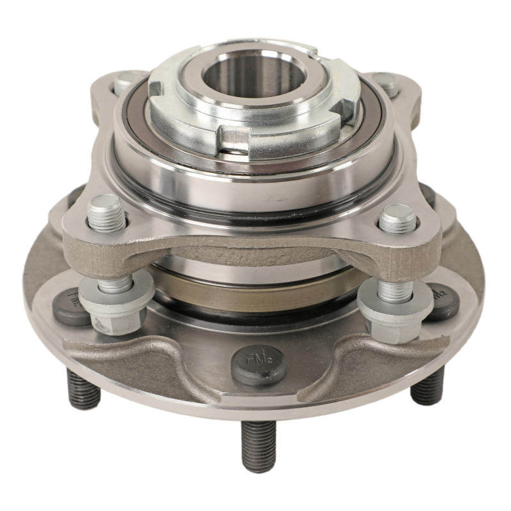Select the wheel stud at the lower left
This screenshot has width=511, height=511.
coord(84,389)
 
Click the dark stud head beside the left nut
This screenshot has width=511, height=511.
coord(72,305)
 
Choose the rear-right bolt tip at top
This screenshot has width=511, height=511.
coord(386,84)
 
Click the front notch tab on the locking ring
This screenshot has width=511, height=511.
coord(235,137)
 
